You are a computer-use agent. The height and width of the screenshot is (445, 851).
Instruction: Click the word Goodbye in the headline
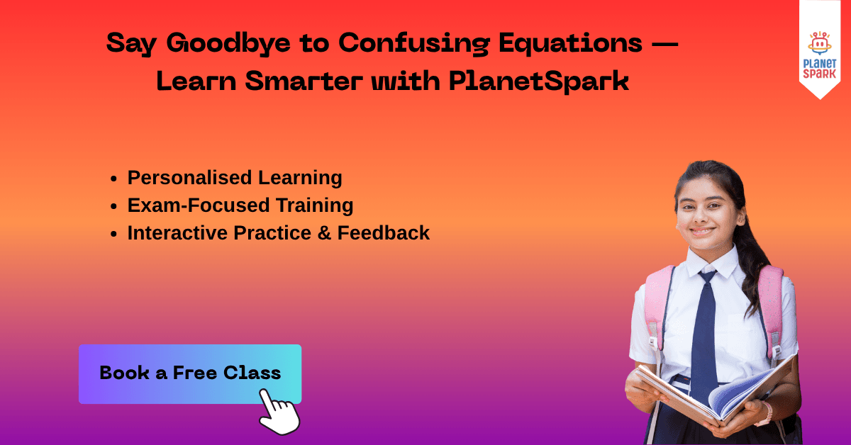228,44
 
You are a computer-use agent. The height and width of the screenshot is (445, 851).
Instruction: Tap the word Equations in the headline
570,44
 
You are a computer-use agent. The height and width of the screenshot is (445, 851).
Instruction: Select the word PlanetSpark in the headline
539,81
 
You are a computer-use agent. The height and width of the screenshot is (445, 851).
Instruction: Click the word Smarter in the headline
304,81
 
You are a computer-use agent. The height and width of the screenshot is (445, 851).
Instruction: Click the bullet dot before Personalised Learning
113,179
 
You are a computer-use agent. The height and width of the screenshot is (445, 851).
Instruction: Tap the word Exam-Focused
199,205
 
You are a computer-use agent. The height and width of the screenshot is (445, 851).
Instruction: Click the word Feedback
384,232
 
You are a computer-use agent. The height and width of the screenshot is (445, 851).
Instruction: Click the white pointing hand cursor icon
279,412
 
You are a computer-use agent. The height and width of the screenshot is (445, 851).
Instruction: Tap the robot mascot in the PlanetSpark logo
820,43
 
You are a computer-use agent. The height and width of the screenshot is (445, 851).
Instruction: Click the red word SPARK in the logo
820,73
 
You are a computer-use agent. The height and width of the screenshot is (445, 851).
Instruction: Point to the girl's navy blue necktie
704,334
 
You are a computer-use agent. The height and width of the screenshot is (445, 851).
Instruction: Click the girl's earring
740,221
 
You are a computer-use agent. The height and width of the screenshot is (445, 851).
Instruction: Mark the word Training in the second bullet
315,205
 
